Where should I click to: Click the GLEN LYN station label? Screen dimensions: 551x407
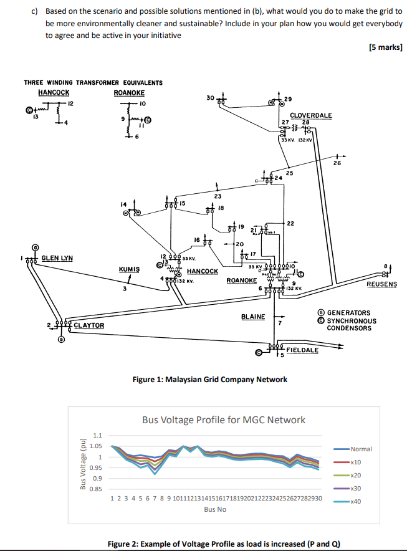click(x=57, y=257)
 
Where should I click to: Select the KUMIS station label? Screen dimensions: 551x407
click(x=129, y=269)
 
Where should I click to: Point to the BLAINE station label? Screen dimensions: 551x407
click(x=253, y=317)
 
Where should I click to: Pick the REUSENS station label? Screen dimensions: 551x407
click(x=382, y=284)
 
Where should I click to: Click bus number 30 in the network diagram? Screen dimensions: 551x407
click(x=210, y=97)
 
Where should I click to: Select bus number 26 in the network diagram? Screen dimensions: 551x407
click(x=337, y=163)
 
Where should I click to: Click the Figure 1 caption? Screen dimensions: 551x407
click(x=210, y=379)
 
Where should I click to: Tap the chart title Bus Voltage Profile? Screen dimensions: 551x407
click(x=224, y=419)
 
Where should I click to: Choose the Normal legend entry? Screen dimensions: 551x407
click(x=361, y=449)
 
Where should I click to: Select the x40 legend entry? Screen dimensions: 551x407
click(x=356, y=501)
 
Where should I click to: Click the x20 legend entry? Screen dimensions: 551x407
click(x=356, y=475)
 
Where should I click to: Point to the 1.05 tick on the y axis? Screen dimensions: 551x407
click(x=96, y=446)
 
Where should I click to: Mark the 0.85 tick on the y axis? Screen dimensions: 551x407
click(x=96, y=489)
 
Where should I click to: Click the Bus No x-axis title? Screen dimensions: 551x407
click(x=216, y=509)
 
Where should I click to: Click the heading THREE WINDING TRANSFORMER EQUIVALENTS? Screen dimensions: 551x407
click(x=93, y=82)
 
